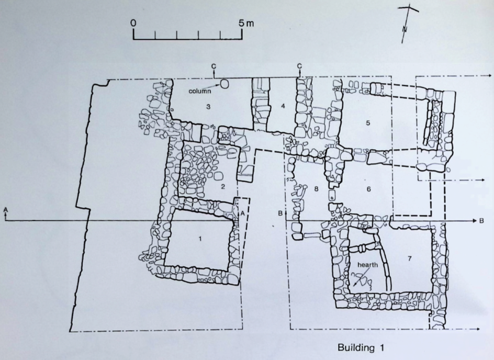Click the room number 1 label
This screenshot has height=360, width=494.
click(x=200, y=239)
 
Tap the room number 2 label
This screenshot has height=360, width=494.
click(x=223, y=187)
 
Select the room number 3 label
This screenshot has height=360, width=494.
click(x=208, y=107)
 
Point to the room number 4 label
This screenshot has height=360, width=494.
click(x=283, y=106)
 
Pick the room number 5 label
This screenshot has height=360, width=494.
click(x=368, y=123)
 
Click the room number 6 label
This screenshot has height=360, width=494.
click(x=369, y=189)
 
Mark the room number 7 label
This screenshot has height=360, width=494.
click(x=410, y=258)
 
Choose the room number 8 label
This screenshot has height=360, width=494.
click(x=317, y=189)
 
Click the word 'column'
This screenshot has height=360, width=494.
click(x=200, y=92)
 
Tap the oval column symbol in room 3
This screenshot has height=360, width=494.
click(x=224, y=84)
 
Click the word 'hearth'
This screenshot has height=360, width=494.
click(x=367, y=265)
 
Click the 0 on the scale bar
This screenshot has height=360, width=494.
click(x=133, y=24)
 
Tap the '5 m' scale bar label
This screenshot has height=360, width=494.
click(x=246, y=23)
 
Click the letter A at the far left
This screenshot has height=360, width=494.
click(x=5, y=209)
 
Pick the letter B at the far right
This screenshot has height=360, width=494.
click(x=481, y=221)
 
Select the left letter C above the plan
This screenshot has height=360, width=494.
click(x=214, y=66)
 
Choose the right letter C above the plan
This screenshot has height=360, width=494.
click(x=299, y=66)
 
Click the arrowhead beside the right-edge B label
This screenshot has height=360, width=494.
click(x=475, y=221)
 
